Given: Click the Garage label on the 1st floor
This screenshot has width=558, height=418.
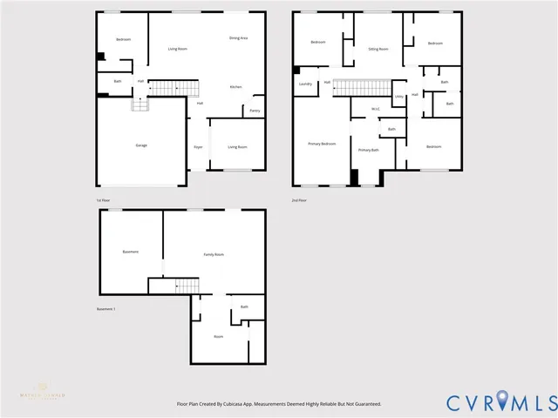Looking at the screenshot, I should click(140, 145).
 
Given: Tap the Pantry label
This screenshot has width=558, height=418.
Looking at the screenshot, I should click(255, 111).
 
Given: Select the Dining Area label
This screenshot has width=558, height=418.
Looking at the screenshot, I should click(238, 38).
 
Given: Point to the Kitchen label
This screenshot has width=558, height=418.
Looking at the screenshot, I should click(235, 87).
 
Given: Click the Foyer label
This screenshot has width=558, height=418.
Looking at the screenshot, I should click(198, 146).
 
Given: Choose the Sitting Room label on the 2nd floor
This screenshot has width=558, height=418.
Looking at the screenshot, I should click(378, 50).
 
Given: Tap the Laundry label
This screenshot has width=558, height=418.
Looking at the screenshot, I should click(305, 84).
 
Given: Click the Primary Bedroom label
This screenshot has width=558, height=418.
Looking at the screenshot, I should click(322, 143).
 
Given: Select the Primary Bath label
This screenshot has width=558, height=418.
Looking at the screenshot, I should click(368, 150).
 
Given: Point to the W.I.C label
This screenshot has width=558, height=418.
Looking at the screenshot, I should click(375, 109).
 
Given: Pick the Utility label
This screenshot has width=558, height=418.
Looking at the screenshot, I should click(398, 96).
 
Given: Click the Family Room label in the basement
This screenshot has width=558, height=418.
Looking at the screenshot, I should click(214, 254).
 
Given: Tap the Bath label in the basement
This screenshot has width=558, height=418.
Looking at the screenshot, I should click(244, 307).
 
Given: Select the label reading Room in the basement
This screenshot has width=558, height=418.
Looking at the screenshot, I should click(218, 336).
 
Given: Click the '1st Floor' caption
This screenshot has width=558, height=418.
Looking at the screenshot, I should click(104, 200).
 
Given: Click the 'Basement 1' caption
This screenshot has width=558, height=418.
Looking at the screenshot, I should click(106, 308).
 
